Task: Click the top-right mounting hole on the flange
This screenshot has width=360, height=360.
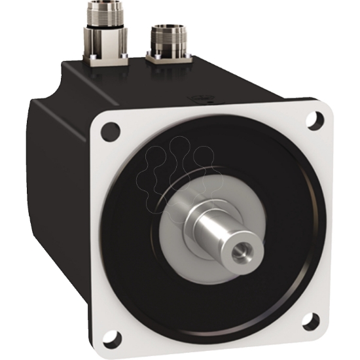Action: pos(317,120)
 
